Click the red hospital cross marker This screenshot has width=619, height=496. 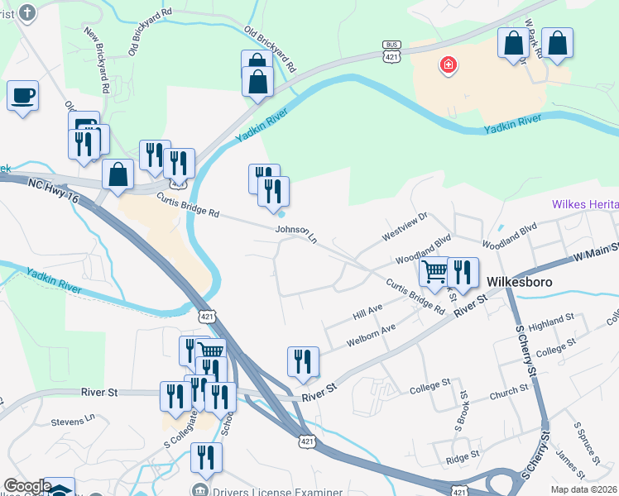448,65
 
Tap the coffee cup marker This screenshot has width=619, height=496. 22,95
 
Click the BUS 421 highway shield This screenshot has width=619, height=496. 391,52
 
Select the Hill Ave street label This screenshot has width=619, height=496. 367,312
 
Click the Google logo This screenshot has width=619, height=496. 27,486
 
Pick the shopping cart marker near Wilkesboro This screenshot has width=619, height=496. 434,271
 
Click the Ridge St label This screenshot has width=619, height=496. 463,455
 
